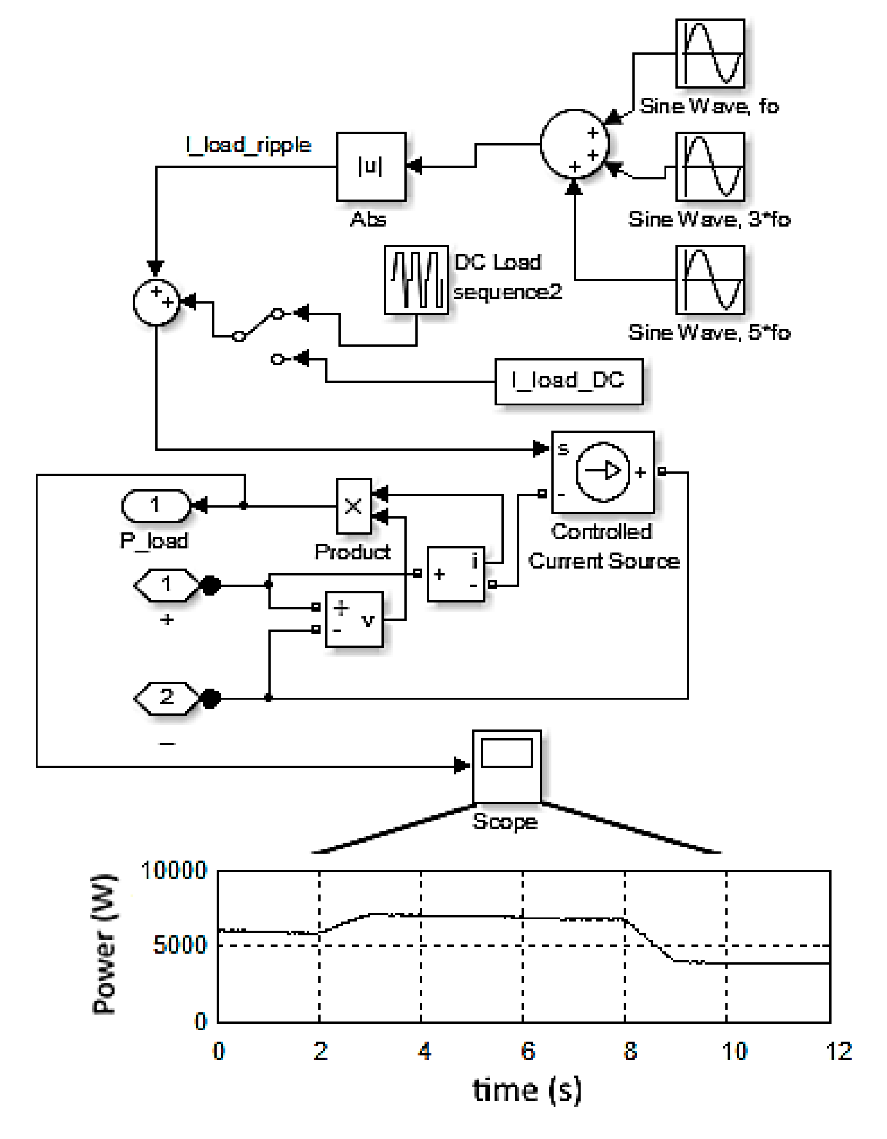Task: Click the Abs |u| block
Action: [x=371, y=166]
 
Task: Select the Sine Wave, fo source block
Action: [x=710, y=53]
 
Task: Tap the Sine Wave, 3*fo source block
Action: [x=710, y=166]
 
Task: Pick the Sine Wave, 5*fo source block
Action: [x=710, y=280]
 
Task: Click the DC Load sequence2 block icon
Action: [x=416, y=280]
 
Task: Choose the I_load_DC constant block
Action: [x=568, y=381]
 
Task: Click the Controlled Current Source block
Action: [x=602, y=472]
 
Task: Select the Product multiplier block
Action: [x=354, y=506]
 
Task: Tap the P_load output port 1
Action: [x=156, y=505]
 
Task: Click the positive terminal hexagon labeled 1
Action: [x=167, y=585]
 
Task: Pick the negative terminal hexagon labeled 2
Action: [x=167, y=698]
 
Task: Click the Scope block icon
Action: [x=506, y=766]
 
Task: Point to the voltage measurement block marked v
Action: [x=354, y=619]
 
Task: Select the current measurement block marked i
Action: [x=456, y=574]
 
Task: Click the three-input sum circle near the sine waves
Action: [x=574, y=144]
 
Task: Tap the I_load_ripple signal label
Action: [x=249, y=145]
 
